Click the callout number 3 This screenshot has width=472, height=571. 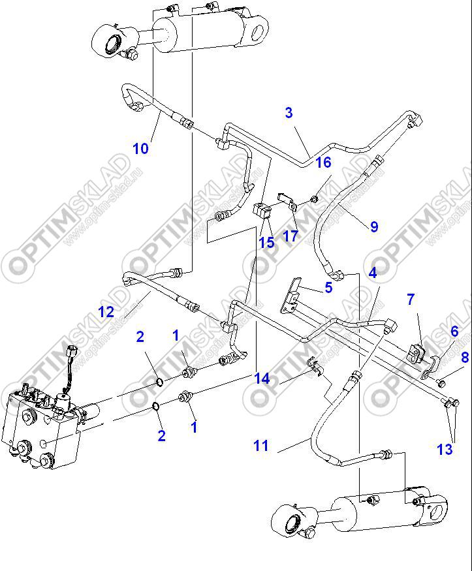[289, 113]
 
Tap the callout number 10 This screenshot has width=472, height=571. [140, 148]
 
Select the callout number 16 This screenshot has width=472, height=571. [323, 162]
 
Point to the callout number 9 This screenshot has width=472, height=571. [374, 227]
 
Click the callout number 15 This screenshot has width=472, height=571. [266, 243]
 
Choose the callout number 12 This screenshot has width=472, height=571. [106, 312]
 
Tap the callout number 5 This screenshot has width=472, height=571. [328, 286]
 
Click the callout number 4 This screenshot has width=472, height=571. [372, 273]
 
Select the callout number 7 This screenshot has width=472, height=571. [411, 300]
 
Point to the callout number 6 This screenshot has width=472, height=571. [454, 332]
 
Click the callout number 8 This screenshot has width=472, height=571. [465, 357]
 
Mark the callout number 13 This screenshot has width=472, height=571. [445, 449]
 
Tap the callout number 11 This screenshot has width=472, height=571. [261, 446]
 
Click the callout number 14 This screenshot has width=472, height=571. [262, 378]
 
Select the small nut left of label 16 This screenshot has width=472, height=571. [314, 197]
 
